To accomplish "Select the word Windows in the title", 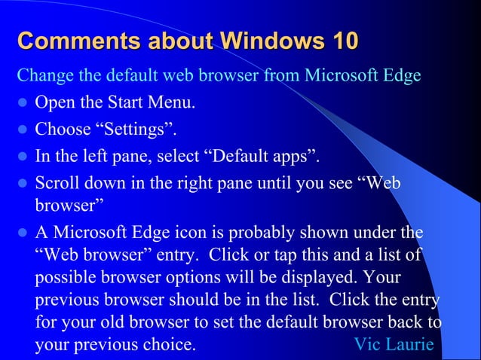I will [x=265, y=41].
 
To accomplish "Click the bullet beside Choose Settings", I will [x=22, y=130].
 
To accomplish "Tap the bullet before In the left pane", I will [x=22, y=157].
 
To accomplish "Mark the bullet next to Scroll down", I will [x=22, y=184].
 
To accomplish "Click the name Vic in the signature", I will [x=367, y=345].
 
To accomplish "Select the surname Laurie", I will [x=410, y=345].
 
